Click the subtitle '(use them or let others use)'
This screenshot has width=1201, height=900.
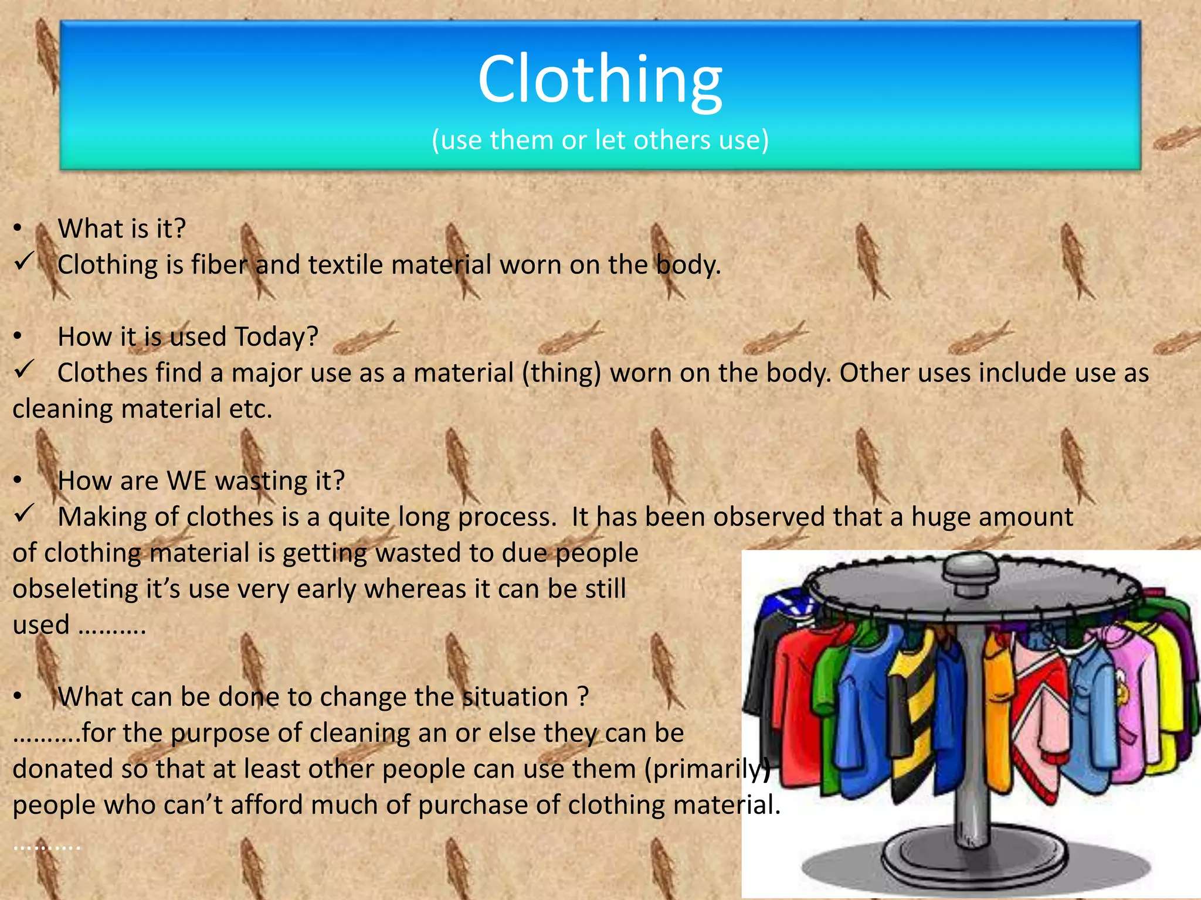point(600,140)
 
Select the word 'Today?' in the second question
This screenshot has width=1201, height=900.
point(276,337)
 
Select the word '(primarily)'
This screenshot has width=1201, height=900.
point(707,769)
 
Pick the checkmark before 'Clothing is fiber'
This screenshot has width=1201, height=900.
point(25,262)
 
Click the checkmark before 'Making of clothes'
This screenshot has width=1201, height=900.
point(25,514)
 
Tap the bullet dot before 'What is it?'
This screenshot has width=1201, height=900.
point(18,229)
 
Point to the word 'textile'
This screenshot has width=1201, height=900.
point(345,265)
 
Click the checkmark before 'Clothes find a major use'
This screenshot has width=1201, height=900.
point(25,370)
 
